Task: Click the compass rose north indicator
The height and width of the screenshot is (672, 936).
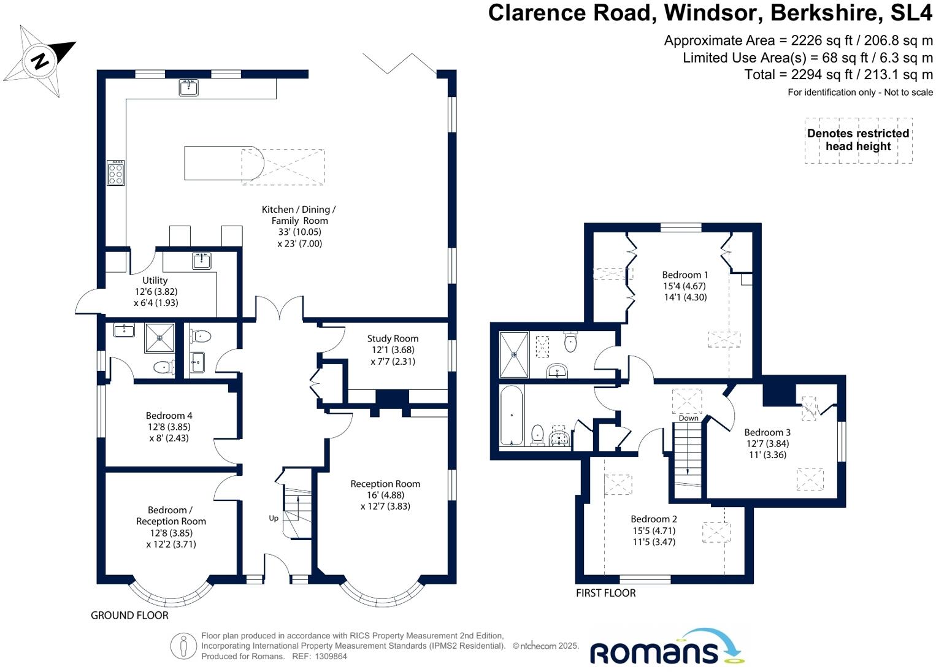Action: click(x=40, y=61)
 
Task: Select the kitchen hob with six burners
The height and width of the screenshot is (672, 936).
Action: click(x=116, y=173)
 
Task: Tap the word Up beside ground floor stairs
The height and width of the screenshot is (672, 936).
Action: click(x=274, y=518)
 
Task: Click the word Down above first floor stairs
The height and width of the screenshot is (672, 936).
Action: click(x=688, y=418)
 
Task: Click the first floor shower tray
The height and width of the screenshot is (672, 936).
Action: click(x=514, y=354)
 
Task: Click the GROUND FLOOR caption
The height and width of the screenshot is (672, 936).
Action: click(x=129, y=615)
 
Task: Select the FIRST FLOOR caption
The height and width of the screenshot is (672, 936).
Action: click(x=605, y=593)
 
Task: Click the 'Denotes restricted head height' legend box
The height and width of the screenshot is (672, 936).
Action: click(x=858, y=140)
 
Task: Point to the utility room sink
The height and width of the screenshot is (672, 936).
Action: click(x=201, y=261)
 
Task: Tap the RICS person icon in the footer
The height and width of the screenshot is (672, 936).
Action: click(x=183, y=646)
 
